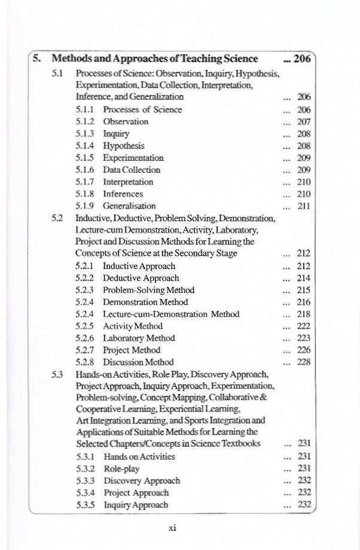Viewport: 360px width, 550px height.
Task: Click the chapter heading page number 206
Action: pyautogui.click(x=303, y=59)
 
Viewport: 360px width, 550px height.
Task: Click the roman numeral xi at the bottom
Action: pyautogui.click(x=172, y=527)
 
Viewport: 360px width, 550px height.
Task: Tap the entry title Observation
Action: pyautogui.click(x=126, y=121)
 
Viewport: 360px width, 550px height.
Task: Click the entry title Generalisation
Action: pyautogui.click(x=129, y=206)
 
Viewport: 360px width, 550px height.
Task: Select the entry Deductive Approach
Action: pyautogui.click(x=141, y=278)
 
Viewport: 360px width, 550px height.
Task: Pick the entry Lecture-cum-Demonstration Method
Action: pyautogui.click(x=171, y=314)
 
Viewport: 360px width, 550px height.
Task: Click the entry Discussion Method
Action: pyautogui.click(x=138, y=362)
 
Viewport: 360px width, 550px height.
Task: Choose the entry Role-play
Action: pyautogui.click(x=121, y=469)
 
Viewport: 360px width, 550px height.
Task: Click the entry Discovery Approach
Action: pyautogui.click(x=142, y=481)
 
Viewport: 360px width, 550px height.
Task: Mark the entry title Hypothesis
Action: pyautogui.click(x=124, y=145)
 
